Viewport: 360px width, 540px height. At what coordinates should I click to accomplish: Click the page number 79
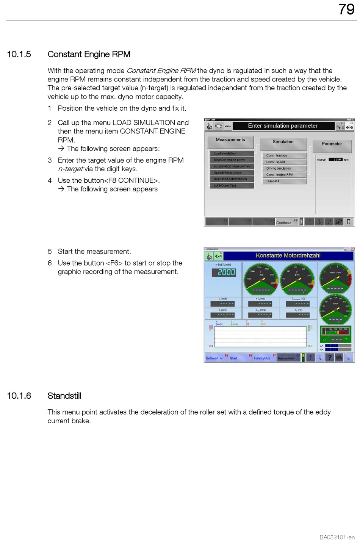346,9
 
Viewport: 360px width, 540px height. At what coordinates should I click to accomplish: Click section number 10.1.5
19,54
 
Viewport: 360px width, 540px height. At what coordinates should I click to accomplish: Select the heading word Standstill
64,396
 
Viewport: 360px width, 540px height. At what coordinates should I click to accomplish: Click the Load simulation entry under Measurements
231,153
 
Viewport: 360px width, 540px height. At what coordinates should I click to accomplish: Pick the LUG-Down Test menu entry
231,185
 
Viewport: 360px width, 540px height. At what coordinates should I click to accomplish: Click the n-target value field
335,160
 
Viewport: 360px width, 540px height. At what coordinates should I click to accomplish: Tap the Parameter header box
332,144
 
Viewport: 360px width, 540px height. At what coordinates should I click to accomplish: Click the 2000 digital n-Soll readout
226,272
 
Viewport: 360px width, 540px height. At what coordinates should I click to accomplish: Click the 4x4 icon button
218,256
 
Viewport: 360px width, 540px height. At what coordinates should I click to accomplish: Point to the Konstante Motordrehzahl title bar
288,255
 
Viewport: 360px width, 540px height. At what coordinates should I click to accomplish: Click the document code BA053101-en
337,537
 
